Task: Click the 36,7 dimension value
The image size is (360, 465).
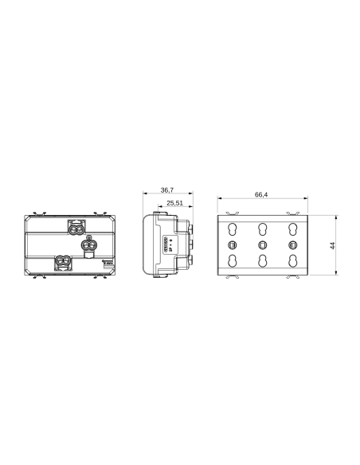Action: click(167, 191)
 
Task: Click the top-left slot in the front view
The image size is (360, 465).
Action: click(233, 228)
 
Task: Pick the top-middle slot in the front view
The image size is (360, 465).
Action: click(262, 228)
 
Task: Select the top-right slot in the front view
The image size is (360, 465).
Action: click(292, 228)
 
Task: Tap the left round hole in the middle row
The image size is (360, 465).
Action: click(233, 244)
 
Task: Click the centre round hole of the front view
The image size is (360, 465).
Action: click(262, 244)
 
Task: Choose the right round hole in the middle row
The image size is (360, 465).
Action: click(292, 244)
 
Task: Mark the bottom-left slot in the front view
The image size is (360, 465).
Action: click(233, 262)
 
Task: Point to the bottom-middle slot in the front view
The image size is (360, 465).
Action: click(262, 262)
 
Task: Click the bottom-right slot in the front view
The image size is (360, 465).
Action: click(292, 262)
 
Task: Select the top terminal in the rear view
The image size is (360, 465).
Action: click(78, 228)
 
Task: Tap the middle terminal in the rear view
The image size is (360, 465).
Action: click(89, 245)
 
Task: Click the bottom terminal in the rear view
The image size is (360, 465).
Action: click(63, 262)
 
